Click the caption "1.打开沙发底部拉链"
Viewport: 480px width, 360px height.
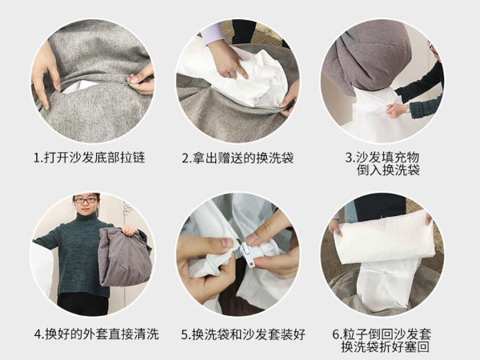tap(89, 158)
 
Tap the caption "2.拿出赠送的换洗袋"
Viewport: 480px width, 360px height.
tap(238, 158)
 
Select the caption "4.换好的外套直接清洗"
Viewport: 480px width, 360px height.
tap(97, 334)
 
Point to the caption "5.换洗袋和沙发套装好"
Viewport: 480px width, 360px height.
tap(243, 334)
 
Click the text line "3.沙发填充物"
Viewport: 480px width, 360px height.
tap(382, 157)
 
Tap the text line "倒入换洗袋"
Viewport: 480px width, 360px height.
tap(388, 170)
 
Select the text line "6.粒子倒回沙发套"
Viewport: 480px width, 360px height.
tap(382, 334)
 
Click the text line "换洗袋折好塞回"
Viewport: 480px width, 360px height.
tap(386, 347)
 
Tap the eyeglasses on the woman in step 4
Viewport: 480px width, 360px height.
tap(86, 201)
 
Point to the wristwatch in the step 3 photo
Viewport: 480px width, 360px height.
tap(407, 108)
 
